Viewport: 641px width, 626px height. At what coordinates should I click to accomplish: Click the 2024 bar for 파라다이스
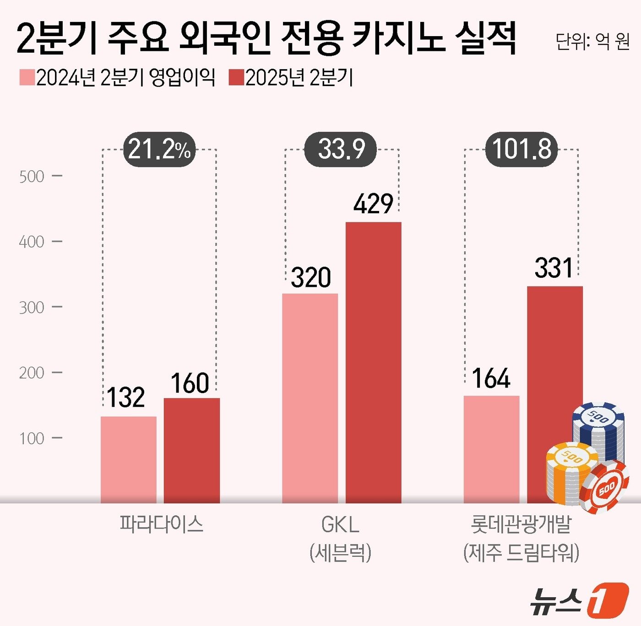point(129,459)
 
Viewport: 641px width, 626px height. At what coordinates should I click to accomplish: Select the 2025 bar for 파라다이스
point(192,450)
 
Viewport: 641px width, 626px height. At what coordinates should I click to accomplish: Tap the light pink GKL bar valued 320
point(310,398)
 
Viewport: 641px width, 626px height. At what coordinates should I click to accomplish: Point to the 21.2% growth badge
point(159,149)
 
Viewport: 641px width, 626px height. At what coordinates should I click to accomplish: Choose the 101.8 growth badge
point(521,149)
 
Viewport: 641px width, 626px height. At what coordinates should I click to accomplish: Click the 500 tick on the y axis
point(32,177)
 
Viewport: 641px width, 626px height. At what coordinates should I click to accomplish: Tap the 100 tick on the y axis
point(32,438)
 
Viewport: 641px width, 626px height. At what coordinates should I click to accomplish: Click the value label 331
point(554,268)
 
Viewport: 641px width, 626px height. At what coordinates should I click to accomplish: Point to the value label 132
point(126,397)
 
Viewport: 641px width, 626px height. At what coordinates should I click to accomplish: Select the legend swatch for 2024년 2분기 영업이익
point(27,77)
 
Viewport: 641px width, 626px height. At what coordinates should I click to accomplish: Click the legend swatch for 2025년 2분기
point(236,77)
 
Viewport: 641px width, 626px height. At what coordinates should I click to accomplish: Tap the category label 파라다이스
point(161,524)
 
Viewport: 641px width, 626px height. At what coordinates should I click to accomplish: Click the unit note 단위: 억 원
point(592,41)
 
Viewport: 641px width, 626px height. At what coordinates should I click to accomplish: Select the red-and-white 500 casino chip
point(604,487)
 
